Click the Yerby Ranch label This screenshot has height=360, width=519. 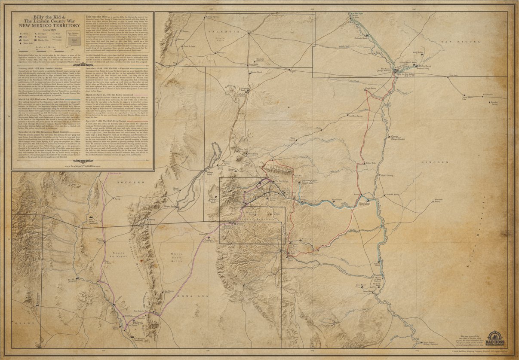418,52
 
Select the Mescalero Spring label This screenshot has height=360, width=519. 438,200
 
